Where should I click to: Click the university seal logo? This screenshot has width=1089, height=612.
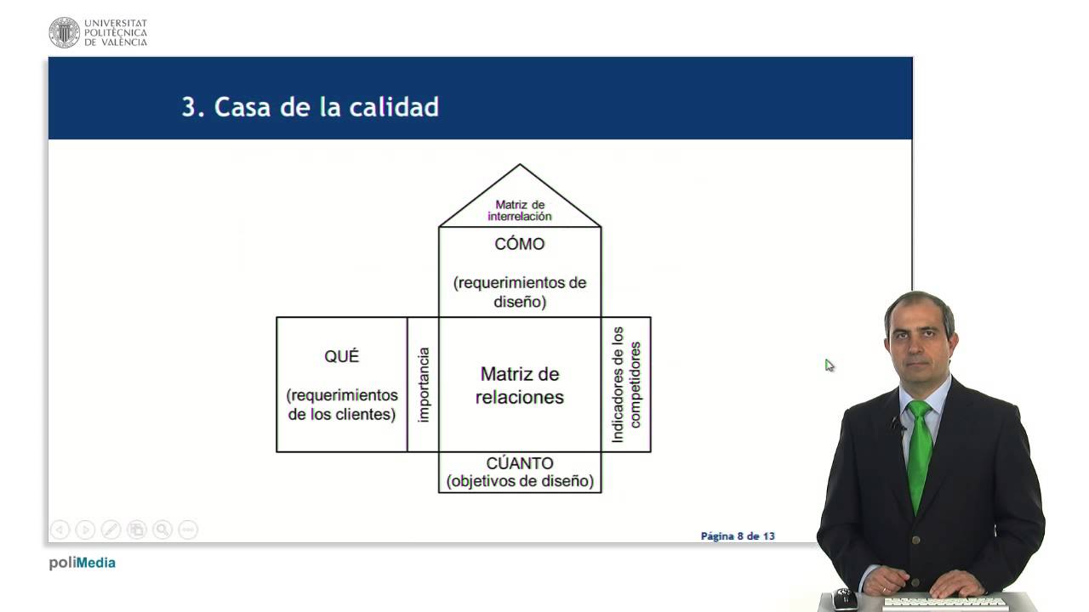click(x=64, y=32)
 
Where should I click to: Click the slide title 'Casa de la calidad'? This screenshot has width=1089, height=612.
click(x=326, y=107)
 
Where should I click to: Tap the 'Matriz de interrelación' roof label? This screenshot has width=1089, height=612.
click(x=520, y=210)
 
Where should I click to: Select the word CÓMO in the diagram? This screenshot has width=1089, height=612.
click(x=520, y=243)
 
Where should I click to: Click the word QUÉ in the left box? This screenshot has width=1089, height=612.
click(x=342, y=356)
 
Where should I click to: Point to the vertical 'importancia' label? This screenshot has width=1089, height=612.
click(x=424, y=385)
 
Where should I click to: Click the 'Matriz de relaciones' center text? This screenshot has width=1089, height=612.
click(x=520, y=386)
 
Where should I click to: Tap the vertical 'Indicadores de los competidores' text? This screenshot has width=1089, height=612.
click(x=626, y=385)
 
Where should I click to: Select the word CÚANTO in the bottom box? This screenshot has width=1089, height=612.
click(x=520, y=463)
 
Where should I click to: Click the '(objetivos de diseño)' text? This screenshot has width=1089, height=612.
click(x=520, y=481)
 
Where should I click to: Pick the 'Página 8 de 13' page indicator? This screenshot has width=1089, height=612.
click(x=738, y=535)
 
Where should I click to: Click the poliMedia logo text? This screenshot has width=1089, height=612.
click(x=83, y=563)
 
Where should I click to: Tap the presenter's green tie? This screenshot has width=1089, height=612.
click(x=920, y=454)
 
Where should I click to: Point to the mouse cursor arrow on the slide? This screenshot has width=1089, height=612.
click(x=829, y=365)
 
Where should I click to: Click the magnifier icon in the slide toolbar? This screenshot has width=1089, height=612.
click(x=162, y=530)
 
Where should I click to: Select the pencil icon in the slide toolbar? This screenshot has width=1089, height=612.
click(x=111, y=530)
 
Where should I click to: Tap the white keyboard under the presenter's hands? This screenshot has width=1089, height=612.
click(x=944, y=603)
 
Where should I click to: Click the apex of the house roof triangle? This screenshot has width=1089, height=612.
click(x=520, y=164)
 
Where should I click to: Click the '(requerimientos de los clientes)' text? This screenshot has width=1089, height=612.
click(x=342, y=405)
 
